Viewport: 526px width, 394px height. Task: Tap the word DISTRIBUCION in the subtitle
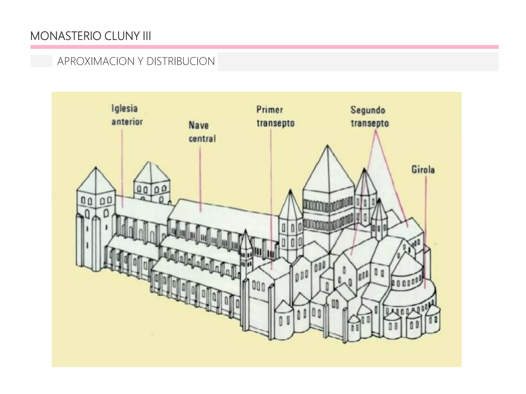pos(180,61)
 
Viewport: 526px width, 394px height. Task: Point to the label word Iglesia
pos(125,109)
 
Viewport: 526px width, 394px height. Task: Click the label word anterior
pos(127,122)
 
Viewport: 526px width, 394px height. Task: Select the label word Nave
pos(199,125)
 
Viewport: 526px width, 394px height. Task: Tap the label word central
pos(202,139)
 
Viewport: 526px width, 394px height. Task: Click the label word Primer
pos(270,110)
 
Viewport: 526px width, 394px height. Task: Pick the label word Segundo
pos(368,110)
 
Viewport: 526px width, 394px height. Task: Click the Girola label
pos(423,170)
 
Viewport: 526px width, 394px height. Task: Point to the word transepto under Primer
pos(275,123)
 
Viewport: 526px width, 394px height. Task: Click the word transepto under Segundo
pos(370,123)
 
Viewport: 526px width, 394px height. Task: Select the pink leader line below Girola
pos(425,231)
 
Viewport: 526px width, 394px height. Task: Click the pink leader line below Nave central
pos(200,180)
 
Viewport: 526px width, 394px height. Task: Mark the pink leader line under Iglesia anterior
pos(122,167)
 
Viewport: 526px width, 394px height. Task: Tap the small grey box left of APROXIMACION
pos(41,61)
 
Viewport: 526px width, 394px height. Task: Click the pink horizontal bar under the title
pos(264,47)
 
